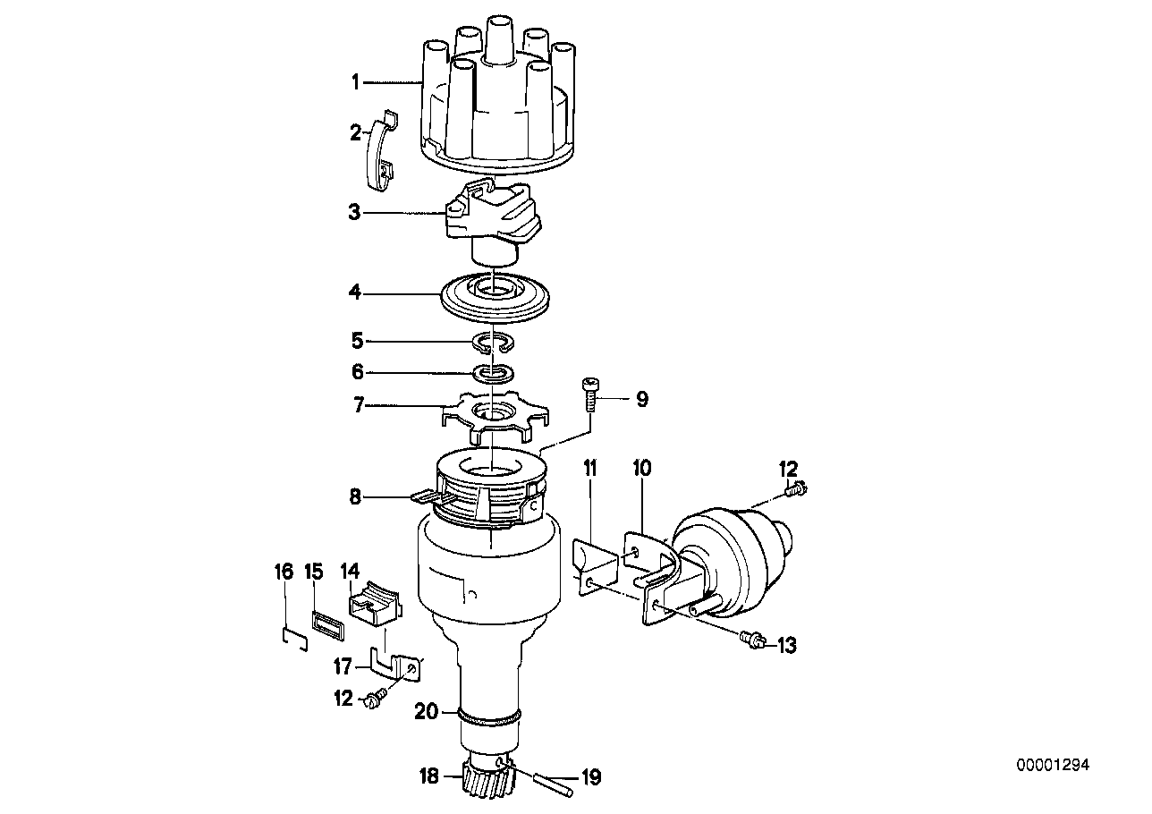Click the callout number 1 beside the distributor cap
[x=355, y=82]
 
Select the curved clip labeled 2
[x=383, y=150]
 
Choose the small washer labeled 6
[x=494, y=374]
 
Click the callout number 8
[x=355, y=497]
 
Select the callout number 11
[x=589, y=469]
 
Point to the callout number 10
[x=641, y=469]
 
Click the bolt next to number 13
[x=753, y=640]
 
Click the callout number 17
[x=343, y=667]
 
